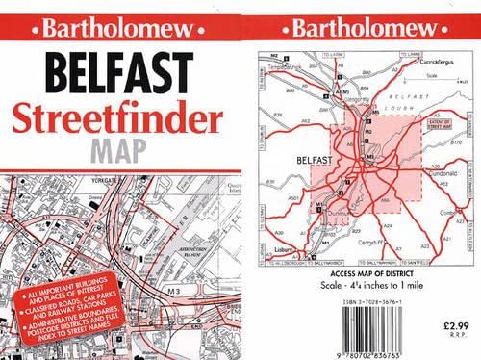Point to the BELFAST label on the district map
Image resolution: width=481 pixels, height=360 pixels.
315,160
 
